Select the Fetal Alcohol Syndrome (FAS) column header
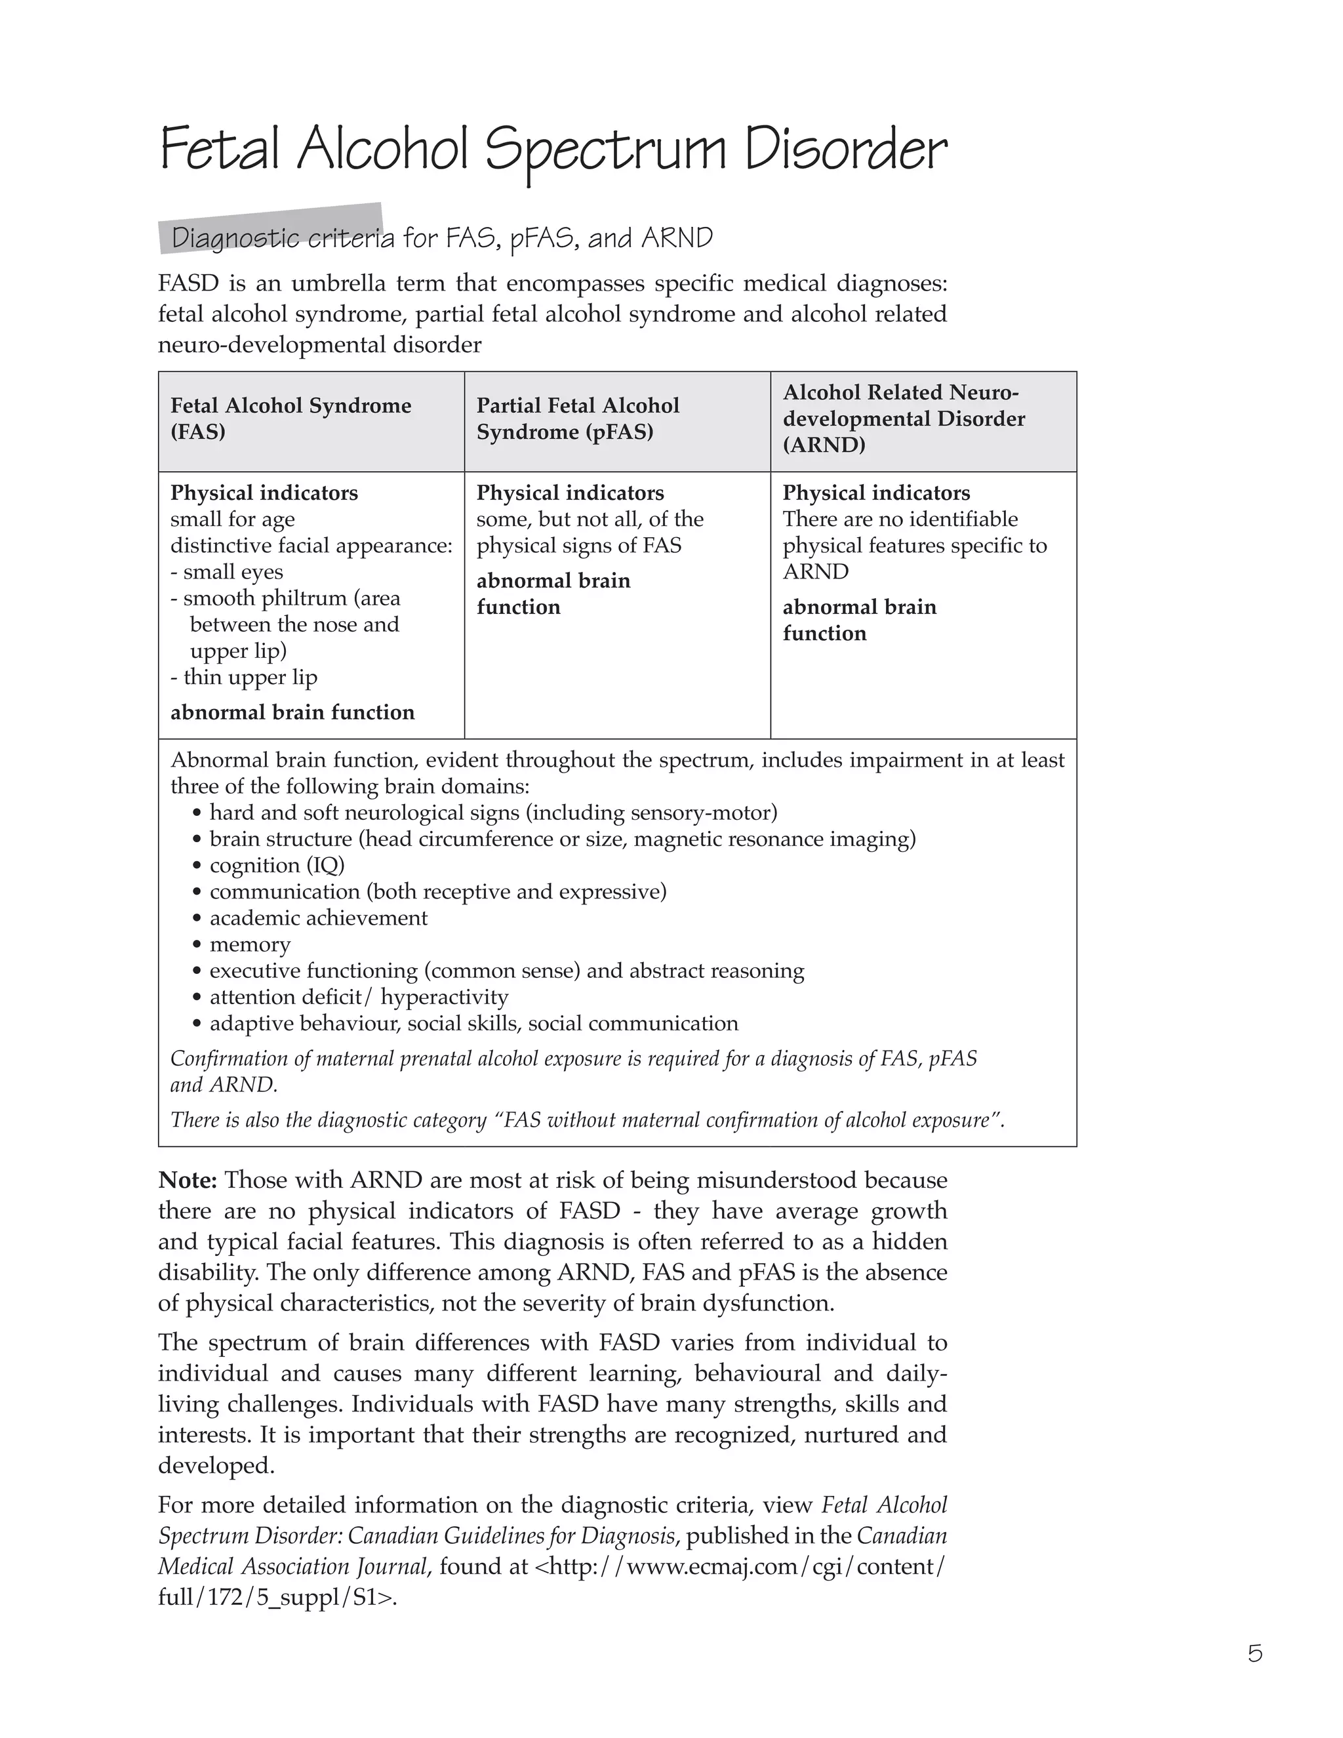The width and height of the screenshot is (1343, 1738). point(291,418)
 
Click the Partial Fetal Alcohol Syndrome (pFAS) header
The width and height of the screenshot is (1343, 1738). point(578,418)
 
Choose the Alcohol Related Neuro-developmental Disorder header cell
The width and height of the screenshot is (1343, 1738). point(903,418)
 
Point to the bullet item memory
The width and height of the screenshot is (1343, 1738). point(250,944)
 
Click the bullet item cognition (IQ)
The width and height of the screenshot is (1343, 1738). point(277,866)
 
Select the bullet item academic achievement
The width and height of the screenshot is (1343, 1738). point(318,918)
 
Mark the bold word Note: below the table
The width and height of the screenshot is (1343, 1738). point(188,1180)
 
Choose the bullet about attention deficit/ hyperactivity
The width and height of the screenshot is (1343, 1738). point(358,997)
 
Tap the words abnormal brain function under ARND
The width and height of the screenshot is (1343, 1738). point(859,620)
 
